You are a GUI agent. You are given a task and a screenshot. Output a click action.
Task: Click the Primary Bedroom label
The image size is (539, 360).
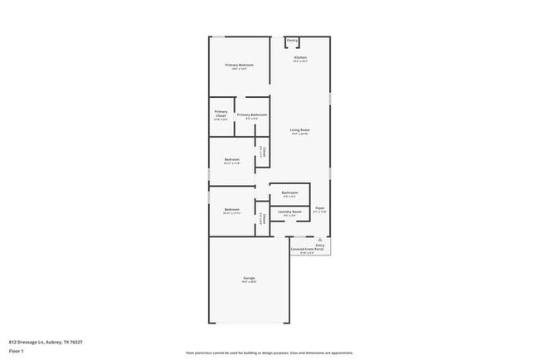point(239,65)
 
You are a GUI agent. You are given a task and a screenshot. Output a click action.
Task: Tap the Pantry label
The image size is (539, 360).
point(292,40)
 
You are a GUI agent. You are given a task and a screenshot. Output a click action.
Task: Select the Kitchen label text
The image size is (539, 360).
point(300,57)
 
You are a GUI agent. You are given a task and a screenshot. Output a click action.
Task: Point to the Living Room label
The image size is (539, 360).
point(299,130)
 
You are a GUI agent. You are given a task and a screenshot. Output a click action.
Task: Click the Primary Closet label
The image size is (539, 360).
point(221,112)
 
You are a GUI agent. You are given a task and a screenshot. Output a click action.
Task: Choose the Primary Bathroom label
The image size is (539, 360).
point(251,114)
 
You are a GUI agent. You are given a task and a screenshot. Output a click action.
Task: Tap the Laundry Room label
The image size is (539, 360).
point(289,212)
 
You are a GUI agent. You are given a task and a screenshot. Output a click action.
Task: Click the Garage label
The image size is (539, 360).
point(249,278)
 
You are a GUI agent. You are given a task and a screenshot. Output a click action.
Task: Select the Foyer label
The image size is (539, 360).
point(320,207)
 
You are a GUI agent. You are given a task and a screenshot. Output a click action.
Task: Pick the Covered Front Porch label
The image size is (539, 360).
point(306,249)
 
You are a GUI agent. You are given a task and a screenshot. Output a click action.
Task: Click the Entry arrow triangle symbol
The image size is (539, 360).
point(319,238)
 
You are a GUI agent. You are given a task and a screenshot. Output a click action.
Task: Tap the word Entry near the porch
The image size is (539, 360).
point(319,245)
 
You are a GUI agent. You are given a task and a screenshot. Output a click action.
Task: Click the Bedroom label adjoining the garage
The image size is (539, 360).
point(232,210)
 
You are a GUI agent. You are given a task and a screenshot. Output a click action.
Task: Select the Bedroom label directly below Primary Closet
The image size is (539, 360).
point(232,159)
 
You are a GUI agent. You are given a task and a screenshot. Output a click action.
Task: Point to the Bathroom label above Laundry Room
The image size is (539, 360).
point(289,192)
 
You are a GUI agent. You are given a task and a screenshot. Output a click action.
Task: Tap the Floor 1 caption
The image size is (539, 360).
point(17,351)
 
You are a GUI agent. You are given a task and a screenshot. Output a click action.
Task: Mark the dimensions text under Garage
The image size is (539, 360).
point(249,283)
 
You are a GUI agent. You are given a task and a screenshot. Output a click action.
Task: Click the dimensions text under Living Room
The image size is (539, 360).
point(299,134)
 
